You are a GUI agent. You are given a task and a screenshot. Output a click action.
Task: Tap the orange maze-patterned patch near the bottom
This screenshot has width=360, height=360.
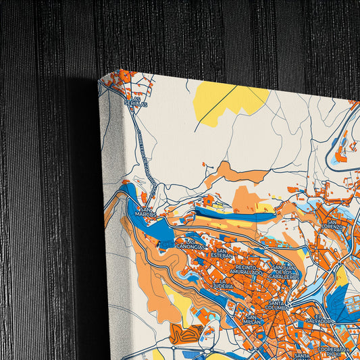click(186, 333)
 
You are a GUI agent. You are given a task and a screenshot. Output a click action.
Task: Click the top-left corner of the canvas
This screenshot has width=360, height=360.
click(99, 80)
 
